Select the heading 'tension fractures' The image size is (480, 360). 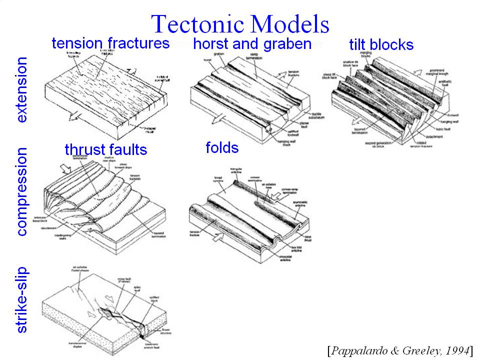point(110,43)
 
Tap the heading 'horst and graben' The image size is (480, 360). point(252,43)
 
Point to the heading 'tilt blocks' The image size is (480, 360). point(381,44)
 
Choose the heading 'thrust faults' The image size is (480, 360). point(105,149)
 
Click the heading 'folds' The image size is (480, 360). point(221,147)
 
